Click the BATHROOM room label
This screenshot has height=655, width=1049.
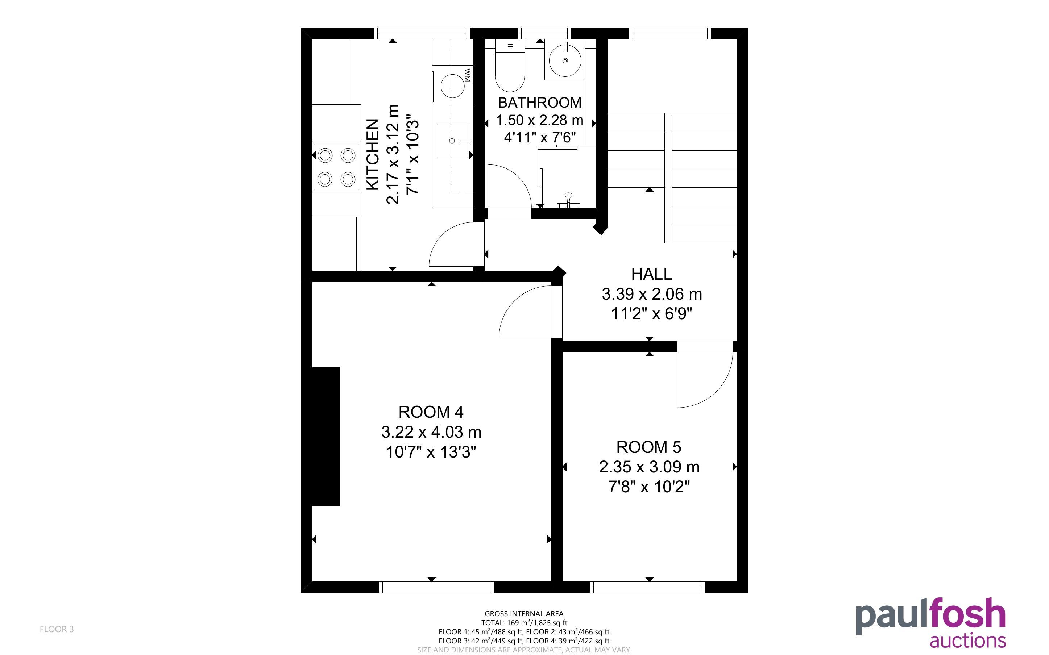pos(539,103)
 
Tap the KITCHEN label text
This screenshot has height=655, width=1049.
pos(373,154)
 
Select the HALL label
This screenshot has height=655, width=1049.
pos(651,274)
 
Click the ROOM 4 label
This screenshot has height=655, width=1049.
pos(431,412)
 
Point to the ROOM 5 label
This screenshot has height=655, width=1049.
pos(648,447)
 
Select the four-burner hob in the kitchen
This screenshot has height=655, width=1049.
pos(337,167)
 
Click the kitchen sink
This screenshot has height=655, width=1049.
pos(452,141)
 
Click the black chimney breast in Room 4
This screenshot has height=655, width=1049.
pos(326,436)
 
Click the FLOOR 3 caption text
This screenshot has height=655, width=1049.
pos(57,629)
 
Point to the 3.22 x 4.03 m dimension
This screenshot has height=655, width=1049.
pos(431,432)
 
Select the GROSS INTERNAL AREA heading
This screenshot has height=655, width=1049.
pos(524,613)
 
